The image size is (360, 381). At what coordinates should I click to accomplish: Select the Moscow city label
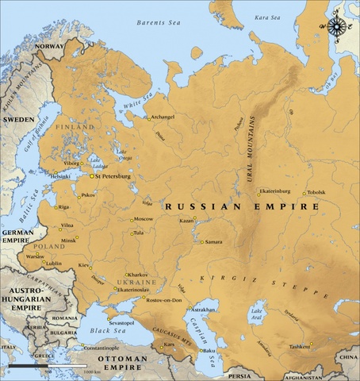[x=144, y=219]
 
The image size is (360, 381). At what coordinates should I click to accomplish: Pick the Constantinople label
[x=101, y=348]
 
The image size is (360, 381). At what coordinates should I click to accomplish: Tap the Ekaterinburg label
[x=275, y=191]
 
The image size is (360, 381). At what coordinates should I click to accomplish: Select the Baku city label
[x=209, y=350]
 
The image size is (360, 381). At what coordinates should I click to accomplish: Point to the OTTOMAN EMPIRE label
[x=115, y=364]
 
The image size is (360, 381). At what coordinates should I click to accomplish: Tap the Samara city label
[x=214, y=241]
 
